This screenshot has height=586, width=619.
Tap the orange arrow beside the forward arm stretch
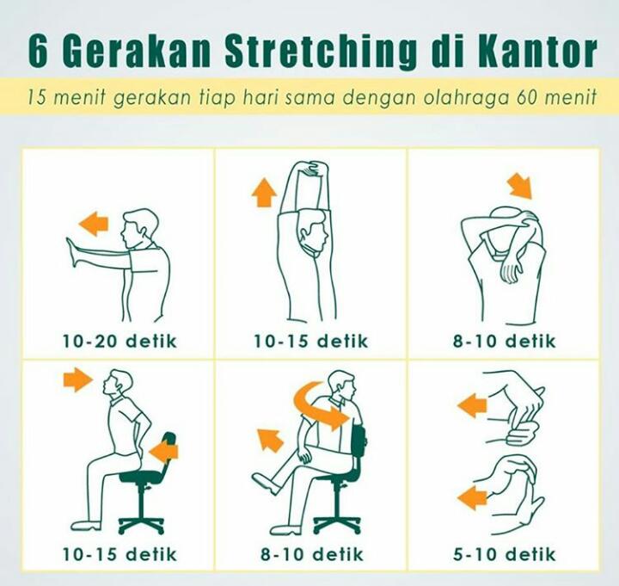click(93, 225)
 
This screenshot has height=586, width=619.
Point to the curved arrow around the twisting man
click(320, 404)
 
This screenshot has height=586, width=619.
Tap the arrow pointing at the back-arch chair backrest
click(163, 449)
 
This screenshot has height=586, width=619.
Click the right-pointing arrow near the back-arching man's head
click(77, 379)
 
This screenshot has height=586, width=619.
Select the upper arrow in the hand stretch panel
click(473, 405)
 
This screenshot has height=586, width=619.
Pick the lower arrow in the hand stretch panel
click(473, 497)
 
